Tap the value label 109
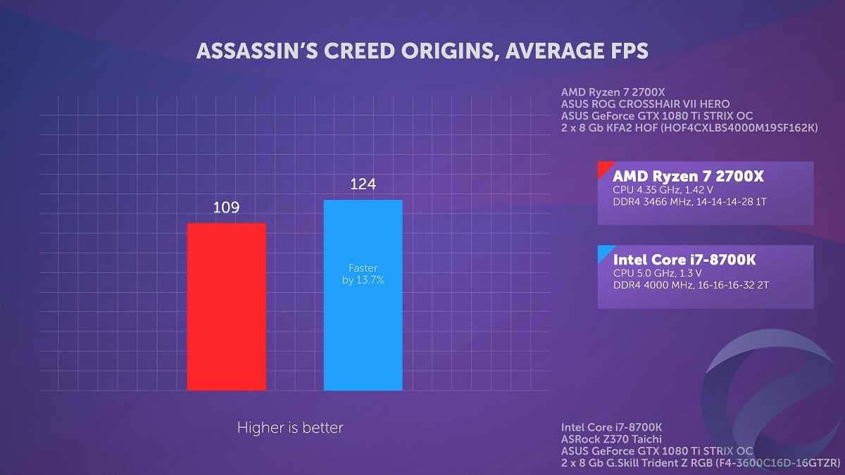pos(226,208)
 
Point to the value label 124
pos(363,184)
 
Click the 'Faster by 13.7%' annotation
pos(363,274)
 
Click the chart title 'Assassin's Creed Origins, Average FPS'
pos(422,51)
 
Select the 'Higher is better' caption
pos(289,427)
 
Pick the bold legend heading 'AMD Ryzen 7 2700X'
pos(688,175)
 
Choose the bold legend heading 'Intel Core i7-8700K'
pos(684,260)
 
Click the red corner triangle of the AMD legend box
pos(603,167)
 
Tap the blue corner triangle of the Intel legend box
pos(603,251)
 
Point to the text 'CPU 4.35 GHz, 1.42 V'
pos(663,189)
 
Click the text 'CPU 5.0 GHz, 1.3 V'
pos(658,273)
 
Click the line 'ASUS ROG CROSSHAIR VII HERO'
pos(645,104)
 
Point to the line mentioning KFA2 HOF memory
pos(689,127)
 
